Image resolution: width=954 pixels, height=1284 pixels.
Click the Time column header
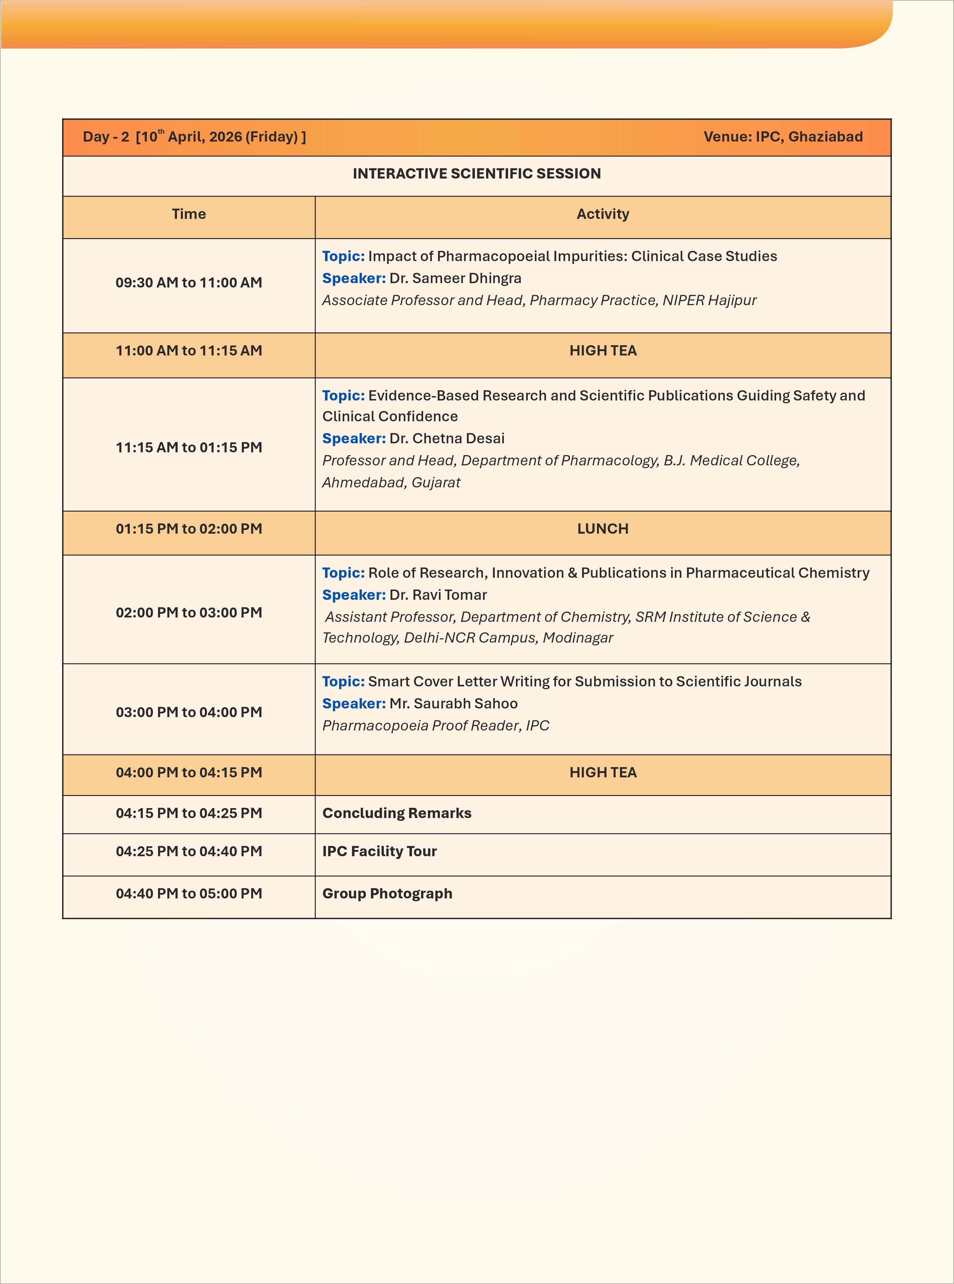pyautogui.click(x=189, y=214)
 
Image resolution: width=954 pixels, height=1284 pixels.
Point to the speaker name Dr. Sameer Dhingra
pyautogui.click(x=455, y=278)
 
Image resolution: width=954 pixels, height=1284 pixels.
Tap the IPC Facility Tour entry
pyautogui.click(x=379, y=852)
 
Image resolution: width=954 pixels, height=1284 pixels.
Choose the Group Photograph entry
pyautogui.click(x=387, y=894)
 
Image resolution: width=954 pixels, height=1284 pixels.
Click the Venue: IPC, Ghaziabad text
pyautogui.click(x=783, y=137)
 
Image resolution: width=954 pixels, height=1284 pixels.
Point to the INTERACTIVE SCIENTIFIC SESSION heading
pyautogui.click(x=477, y=174)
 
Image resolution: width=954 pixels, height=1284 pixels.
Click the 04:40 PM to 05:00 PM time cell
pyautogui.click(x=189, y=894)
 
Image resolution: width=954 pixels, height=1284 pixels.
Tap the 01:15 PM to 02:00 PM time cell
pyautogui.click(x=189, y=529)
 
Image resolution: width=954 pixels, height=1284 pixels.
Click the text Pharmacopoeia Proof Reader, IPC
pyautogui.click(x=436, y=726)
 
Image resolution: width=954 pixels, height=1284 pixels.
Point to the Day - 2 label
pyautogui.click(x=106, y=137)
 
